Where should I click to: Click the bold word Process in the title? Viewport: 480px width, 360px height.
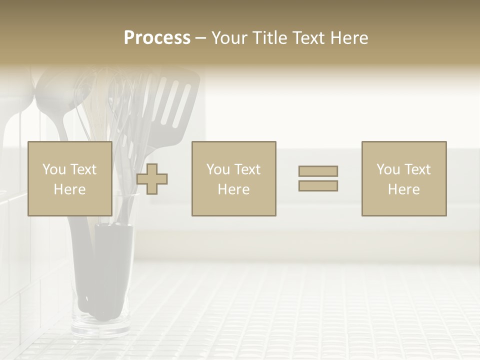pyautogui.click(x=157, y=38)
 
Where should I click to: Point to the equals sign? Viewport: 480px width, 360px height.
pyautogui.click(x=318, y=178)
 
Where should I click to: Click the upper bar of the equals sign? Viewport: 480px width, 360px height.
pyautogui.click(x=318, y=171)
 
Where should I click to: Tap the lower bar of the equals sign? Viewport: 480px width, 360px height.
pyautogui.click(x=318, y=186)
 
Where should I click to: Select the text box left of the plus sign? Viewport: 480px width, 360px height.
pyautogui.click(x=69, y=178)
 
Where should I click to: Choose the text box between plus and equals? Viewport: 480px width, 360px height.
pyautogui.click(x=233, y=178)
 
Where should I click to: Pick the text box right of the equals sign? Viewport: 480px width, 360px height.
pyautogui.click(x=403, y=178)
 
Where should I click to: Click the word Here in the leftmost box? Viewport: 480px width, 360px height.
pyautogui.click(x=69, y=189)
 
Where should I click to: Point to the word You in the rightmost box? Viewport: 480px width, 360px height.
pyautogui.click(x=387, y=169)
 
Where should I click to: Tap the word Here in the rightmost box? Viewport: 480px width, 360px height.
pyautogui.click(x=403, y=189)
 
